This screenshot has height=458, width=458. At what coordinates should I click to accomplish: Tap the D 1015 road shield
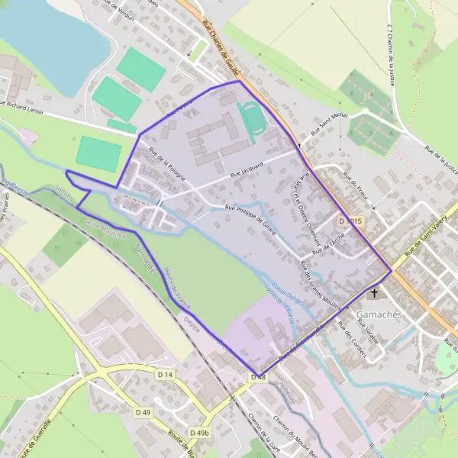[350, 221]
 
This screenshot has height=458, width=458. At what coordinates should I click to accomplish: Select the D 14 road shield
[166, 374]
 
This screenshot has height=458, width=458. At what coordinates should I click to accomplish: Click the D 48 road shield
[258, 377]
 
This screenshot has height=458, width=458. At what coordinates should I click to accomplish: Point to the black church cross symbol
[374, 293]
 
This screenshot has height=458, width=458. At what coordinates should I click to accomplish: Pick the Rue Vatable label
[368, 331]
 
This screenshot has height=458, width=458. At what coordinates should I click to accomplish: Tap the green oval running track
[251, 119]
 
